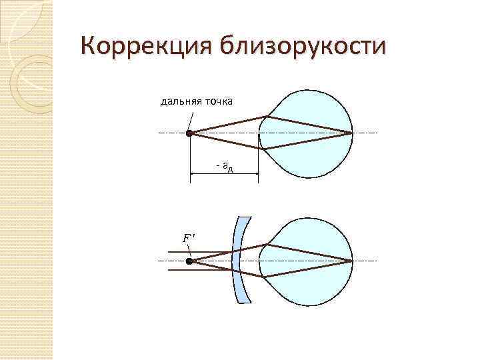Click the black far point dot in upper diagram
coord(189,133)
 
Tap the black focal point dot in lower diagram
coord(189,262)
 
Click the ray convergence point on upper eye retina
coord(351,133)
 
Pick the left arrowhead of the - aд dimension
coord(193,173)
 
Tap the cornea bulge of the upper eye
coord(263,133)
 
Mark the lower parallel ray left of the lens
coord(200,271)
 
